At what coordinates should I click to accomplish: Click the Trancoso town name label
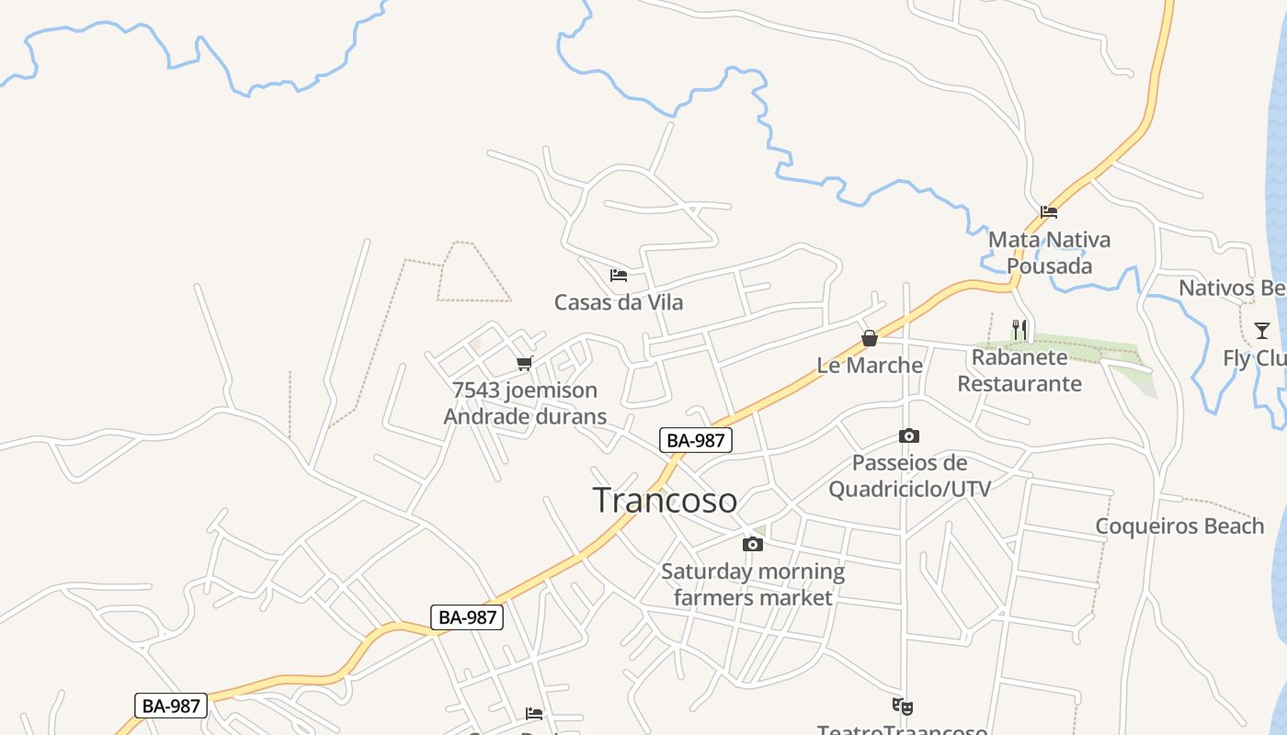pyautogui.click(x=665, y=501)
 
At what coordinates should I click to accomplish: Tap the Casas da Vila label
pyautogui.click(x=619, y=302)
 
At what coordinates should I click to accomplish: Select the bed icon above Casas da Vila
pyautogui.click(x=619, y=275)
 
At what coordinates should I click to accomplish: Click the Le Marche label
pyautogui.click(x=870, y=365)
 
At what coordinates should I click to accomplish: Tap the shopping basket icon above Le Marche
pyautogui.click(x=870, y=338)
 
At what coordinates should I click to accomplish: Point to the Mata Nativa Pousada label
pyautogui.click(x=1049, y=253)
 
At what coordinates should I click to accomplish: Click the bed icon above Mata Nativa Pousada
pyautogui.click(x=1049, y=212)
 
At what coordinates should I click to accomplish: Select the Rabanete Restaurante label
pyautogui.click(x=1019, y=370)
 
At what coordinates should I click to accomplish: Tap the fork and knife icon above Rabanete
pyautogui.click(x=1019, y=330)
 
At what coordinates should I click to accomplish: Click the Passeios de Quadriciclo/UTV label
pyautogui.click(x=910, y=476)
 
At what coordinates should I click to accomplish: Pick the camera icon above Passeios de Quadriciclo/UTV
pyautogui.click(x=909, y=436)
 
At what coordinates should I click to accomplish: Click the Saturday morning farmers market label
pyautogui.click(x=753, y=584)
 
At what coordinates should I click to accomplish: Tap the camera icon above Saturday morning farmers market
pyautogui.click(x=753, y=544)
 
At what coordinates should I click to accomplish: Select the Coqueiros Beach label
pyautogui.click(x=1179, y=526)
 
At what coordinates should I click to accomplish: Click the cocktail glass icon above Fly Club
pyautogui.click(x=1262, y=331)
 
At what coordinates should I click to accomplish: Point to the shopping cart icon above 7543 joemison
pyautogui.click(x=525, y=364)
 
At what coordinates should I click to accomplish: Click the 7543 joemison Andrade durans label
pyautogui.click(x=525, y=403)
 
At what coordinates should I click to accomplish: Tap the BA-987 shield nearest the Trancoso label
pyautogui.click(x=696, y=440)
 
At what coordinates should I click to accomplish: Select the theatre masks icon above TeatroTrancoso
pyautogui.click(x=903, y=707)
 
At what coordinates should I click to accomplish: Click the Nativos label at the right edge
pyautogui.click(x=1232, y=288)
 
